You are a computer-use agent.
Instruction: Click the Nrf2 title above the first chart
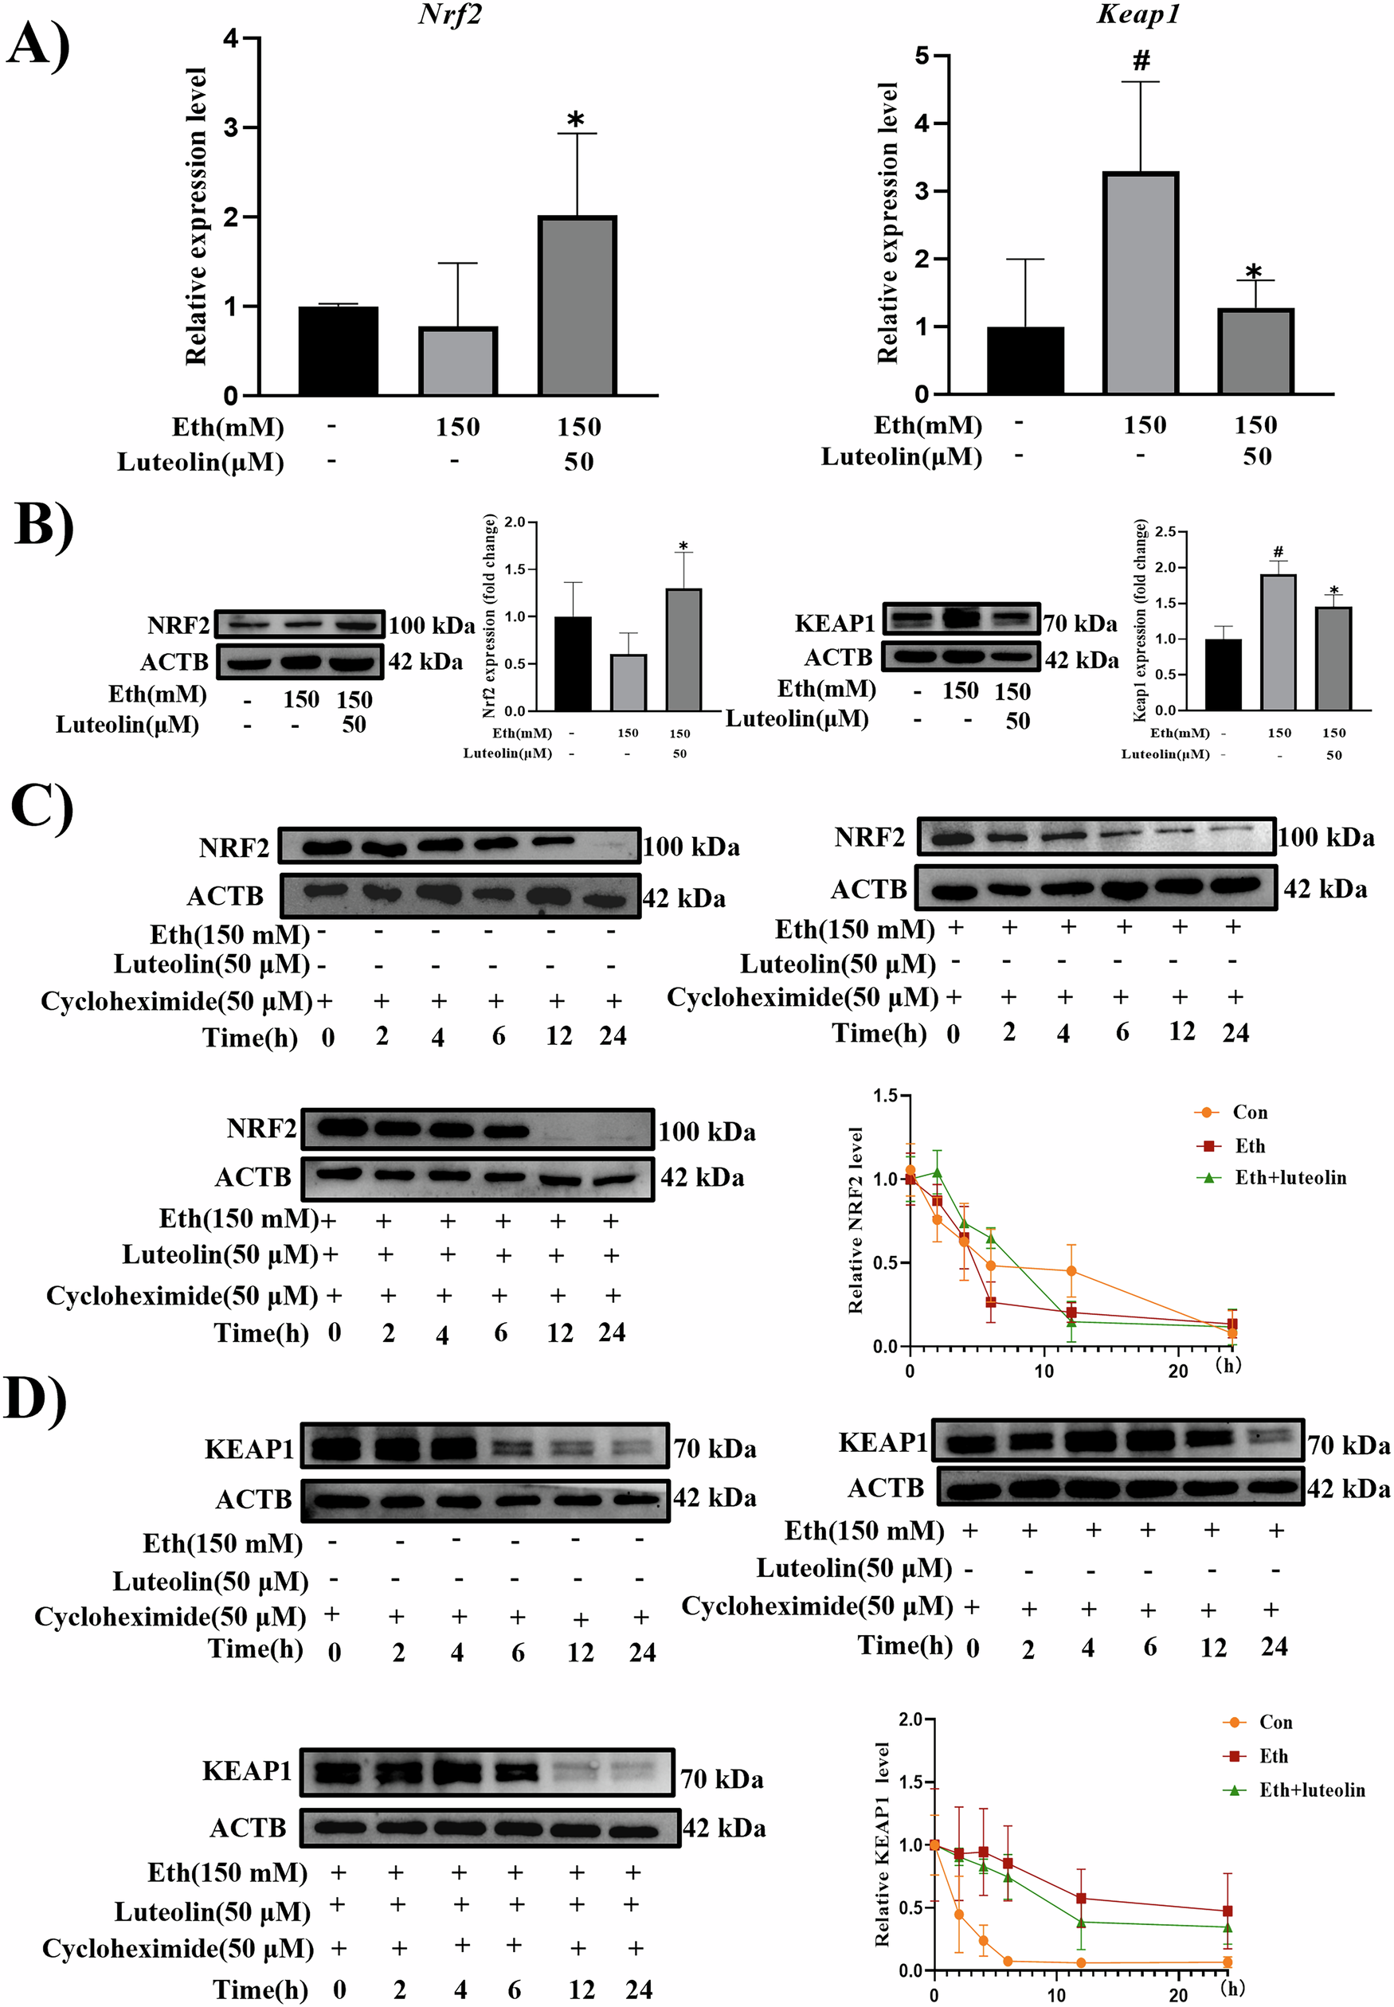[x=450, y=15]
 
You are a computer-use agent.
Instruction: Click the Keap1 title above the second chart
[x=1138, y=15]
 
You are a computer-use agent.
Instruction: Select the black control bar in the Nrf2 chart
[x=338, y=350]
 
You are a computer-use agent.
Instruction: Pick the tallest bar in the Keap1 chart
[x=1141, y=283]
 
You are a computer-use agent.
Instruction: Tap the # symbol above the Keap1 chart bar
[x=1141, y=61]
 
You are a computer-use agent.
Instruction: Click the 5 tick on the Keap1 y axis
[x=922, y=56]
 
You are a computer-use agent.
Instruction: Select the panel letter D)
[x=35, y=1400]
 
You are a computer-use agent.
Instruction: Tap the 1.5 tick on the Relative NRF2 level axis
[x=885, y=1096]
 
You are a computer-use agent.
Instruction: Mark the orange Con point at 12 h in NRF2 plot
[x=1071, y=1272]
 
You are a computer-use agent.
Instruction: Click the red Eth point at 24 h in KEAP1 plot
[x=1228, y=1911]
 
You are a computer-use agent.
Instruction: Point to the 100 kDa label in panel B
[x=432, y=625]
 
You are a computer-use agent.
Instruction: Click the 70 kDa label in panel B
[x=1080, y=624]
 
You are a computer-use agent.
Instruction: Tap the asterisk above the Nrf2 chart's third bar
[x=576, y=119]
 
